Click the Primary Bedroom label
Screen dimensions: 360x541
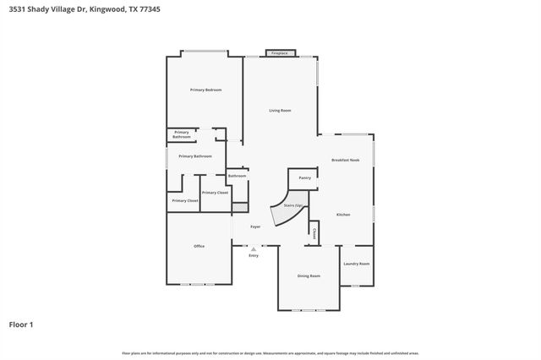[x=205, y=90]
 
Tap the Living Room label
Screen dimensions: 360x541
[x=280, y=111]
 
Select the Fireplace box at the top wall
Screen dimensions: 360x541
[x=279, y=53]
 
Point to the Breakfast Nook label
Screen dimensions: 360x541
[x=346, y=160]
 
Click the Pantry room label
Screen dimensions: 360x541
[x=305, y=178]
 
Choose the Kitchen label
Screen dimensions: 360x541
[x=343, y=215]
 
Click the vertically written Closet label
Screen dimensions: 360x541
[x=314, y=232]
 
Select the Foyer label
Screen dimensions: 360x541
[x=254, y=226]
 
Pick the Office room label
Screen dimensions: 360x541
[x=199, y=246]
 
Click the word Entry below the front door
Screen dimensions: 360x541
[x=254, y=255]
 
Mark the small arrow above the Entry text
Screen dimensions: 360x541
[x=254, y=248]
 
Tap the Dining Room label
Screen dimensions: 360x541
[x=309, y=276]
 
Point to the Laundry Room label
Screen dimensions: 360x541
[x=357, y=264]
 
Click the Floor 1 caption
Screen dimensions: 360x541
[x=20, y=324]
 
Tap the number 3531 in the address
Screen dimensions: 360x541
[x=15, y=8]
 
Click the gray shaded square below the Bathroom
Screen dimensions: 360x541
[x=239, y=206]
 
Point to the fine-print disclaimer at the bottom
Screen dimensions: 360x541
[x=270, y=352]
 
